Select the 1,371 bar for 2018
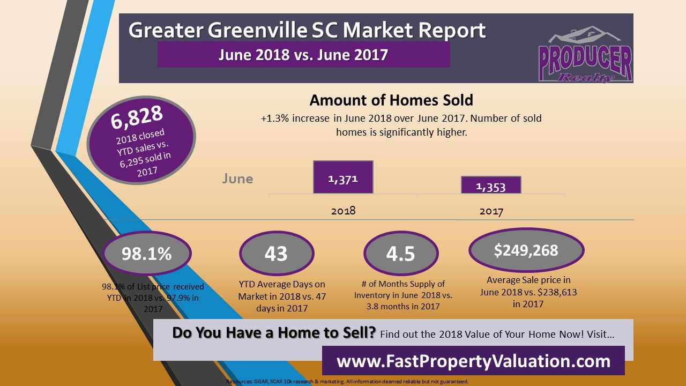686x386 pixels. (x=343, y=177)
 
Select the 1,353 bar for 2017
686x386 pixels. (x=491, y=185)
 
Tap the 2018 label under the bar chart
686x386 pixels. (x=343, y=211)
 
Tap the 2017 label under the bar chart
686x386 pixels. (x=491, y=212)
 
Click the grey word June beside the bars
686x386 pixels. (x=237, y=179)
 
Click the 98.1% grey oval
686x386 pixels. (x=146, y=254)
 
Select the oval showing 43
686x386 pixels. (x=276, y=254)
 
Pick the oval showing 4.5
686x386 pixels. (x=400, y=254)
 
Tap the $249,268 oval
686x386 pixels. (x=526, y=250)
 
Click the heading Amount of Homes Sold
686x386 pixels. (x=391, y=100)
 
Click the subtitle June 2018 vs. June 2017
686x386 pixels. (x=303, y=55)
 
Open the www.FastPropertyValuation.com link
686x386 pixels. (x=473, y=361)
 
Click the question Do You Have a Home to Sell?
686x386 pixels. (x=274, y=333)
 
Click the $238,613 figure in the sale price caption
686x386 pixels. (x=555, y=293)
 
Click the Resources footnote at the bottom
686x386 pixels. (x=347, y=382)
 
